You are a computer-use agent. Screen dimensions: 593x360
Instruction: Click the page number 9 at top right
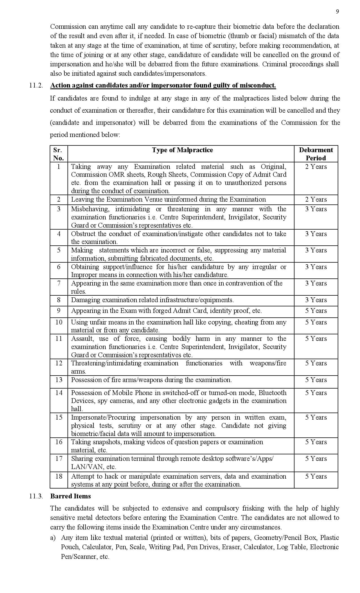[337, 12]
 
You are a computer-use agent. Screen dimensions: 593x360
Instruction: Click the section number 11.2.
[36, 85]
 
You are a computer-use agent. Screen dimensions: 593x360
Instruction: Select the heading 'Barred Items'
[71, 496]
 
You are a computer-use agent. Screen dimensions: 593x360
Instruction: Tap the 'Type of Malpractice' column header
[182, 150]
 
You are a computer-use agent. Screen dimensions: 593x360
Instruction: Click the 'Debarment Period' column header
[316, 154]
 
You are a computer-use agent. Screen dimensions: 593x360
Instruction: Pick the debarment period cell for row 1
[316, 167]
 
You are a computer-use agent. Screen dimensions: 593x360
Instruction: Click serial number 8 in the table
[59, 300]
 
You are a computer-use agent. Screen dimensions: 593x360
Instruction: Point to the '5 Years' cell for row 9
[316, 311]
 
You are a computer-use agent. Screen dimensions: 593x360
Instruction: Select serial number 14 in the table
[59, 393]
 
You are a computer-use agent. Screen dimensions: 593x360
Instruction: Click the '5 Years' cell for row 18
[316, 476]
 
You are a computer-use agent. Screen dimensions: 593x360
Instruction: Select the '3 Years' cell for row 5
[316, 250]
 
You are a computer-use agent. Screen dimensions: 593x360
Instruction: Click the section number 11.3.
[36, 496]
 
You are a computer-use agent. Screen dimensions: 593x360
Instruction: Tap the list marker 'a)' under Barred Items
[53, 538]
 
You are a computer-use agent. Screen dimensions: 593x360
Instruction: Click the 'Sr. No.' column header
[58, 154]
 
